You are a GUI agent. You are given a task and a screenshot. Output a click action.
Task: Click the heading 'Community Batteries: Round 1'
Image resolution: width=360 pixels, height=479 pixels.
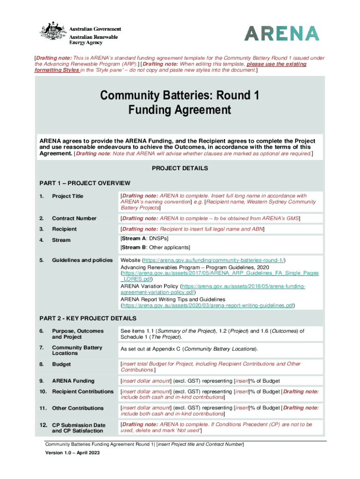(180, 96)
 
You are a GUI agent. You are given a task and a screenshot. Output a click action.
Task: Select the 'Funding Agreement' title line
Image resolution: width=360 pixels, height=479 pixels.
(180, 110)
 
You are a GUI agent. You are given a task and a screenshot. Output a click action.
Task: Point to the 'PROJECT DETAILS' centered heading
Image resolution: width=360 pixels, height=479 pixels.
(180, 168)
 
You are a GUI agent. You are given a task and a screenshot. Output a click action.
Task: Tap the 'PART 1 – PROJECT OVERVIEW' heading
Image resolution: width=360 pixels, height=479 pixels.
(84, 183)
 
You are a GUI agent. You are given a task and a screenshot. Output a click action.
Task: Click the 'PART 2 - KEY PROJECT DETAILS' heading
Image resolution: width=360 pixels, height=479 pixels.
(89, 319)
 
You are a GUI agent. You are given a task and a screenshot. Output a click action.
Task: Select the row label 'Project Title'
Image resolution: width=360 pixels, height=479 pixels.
(67, 196)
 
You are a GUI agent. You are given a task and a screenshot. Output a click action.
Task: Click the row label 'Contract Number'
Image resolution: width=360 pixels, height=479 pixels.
(74, 218)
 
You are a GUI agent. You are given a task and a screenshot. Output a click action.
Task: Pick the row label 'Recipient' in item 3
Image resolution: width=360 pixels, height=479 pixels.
(64, 229)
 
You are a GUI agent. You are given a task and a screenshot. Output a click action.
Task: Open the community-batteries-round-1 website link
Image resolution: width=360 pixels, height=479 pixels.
(214, 260)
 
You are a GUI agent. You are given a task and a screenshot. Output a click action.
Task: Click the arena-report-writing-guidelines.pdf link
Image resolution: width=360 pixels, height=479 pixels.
(208, 305)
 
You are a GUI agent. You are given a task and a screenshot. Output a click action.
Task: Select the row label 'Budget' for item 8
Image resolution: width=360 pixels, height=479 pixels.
(61, 363)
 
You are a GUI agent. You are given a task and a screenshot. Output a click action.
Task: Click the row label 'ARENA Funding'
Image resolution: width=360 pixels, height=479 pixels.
(73, 381)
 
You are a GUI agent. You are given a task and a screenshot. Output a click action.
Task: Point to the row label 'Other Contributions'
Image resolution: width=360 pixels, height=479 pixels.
(78, 408)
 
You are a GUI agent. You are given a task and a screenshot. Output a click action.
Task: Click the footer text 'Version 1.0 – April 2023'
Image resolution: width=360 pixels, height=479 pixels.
(72, 453)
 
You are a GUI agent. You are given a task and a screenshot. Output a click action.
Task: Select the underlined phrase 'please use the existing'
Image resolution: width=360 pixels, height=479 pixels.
(277, 64)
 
